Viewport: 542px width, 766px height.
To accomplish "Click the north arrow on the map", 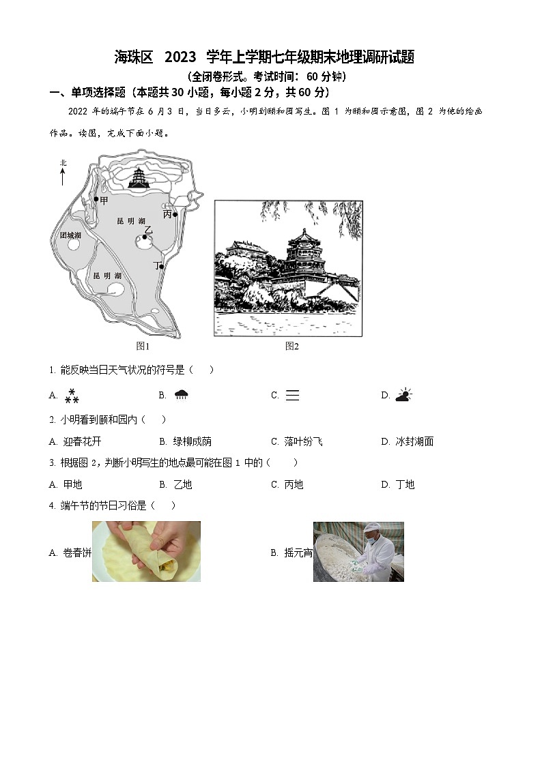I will [63, 175].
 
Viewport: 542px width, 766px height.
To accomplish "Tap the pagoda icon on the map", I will [140, 178].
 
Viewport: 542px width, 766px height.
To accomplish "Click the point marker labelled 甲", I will [96, 200].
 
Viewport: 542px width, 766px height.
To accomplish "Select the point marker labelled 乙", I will [145, 238].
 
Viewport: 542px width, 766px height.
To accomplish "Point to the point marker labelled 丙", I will [175, 214].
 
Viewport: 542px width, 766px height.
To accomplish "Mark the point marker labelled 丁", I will [162, 266].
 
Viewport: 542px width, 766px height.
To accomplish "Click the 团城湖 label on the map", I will [70, 235].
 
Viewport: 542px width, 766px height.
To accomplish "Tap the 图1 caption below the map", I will [143, 347].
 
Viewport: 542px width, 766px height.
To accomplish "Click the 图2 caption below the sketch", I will [291, 347].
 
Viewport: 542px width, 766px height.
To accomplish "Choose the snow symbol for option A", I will [72, 396].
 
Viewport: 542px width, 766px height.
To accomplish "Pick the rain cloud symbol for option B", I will [182, 395].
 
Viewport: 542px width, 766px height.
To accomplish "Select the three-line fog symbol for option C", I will [292, 396].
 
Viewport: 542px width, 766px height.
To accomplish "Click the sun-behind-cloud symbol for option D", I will [403, 395].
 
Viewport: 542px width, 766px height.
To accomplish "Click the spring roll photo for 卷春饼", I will [146, 551].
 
